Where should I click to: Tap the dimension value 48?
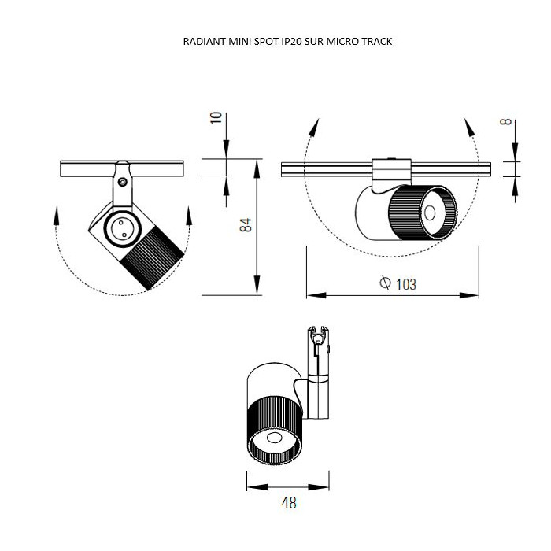tap(289, 502)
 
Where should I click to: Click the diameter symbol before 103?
tap(385, 284)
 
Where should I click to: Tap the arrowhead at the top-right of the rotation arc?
tap(469, 125)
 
